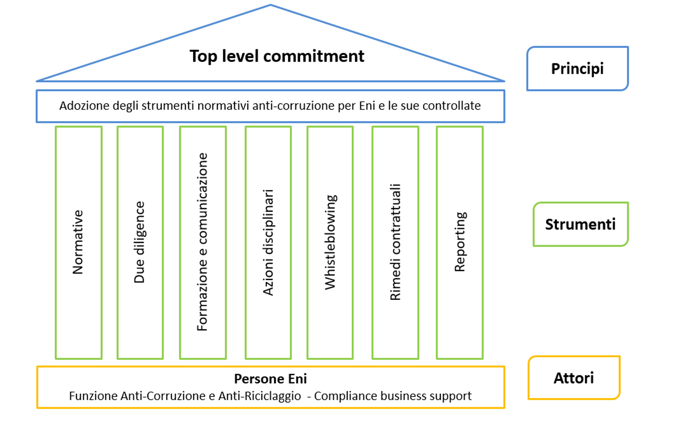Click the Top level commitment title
277,57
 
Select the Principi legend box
577,69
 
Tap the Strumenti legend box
580,224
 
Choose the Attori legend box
574,378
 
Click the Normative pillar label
78,242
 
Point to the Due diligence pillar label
140,242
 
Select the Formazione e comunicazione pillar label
202,242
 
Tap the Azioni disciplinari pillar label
268,242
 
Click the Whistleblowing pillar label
330,242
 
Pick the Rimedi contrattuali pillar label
395,242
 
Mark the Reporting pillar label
460,242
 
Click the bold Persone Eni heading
270,379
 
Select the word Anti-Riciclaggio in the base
259,396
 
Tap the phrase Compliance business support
393,396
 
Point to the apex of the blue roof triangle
271,5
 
